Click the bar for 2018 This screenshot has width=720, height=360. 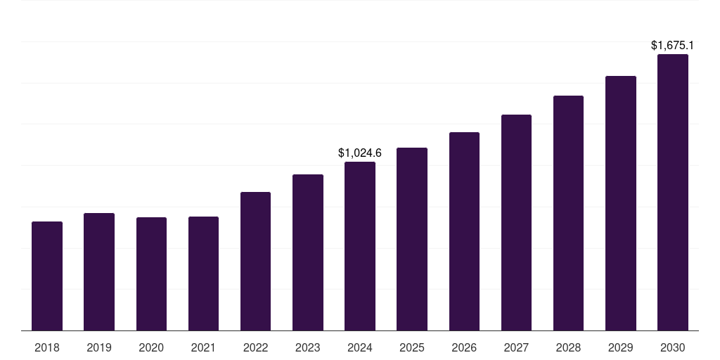point(47,276)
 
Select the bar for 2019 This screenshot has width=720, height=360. point(99,271)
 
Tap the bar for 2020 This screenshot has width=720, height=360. point(151,274)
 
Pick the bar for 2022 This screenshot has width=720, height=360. point(255,261)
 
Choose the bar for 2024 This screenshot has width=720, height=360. point(360,246)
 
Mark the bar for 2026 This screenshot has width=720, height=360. point(464,231)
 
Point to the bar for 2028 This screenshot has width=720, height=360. point(568,213)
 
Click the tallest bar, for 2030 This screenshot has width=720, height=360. point(673,192)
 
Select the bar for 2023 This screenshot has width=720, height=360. point(308,252)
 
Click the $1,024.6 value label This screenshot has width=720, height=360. point(360,153)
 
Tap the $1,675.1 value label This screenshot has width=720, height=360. point(673,46)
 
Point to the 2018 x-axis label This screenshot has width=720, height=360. point(47,347)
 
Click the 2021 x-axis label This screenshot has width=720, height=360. point(203,347)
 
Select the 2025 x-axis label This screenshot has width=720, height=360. point(412,347)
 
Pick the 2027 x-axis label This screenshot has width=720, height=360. point(516,347)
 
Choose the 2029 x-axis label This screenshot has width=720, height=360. point(621,347)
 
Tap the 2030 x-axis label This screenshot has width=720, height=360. point(673,347)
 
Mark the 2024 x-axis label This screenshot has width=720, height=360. point(360,347)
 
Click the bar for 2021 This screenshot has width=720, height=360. point(203,274)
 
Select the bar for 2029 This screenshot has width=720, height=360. point(621,203)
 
